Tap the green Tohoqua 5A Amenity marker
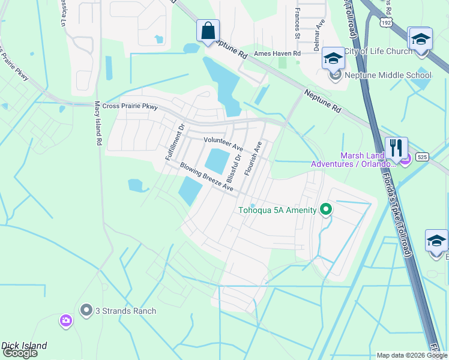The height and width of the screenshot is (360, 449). click(326, 209)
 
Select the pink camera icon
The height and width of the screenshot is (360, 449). click(66, 321)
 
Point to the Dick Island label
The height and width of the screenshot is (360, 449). click(24, 346)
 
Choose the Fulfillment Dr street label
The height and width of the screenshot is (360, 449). click(175, 142)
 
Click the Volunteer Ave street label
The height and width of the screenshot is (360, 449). click(223, 143)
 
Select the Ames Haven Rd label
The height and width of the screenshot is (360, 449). click(277, 53)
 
